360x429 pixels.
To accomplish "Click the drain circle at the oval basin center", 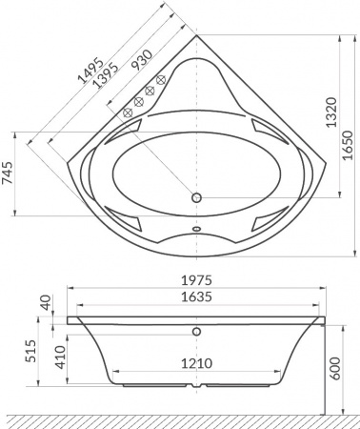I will [x=198, y=198].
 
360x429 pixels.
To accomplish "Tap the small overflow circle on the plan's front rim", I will [x=197, y=229].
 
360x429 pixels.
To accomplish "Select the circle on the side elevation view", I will [x=197, y=331].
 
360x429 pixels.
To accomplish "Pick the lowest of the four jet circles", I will [x=126, y=112].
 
